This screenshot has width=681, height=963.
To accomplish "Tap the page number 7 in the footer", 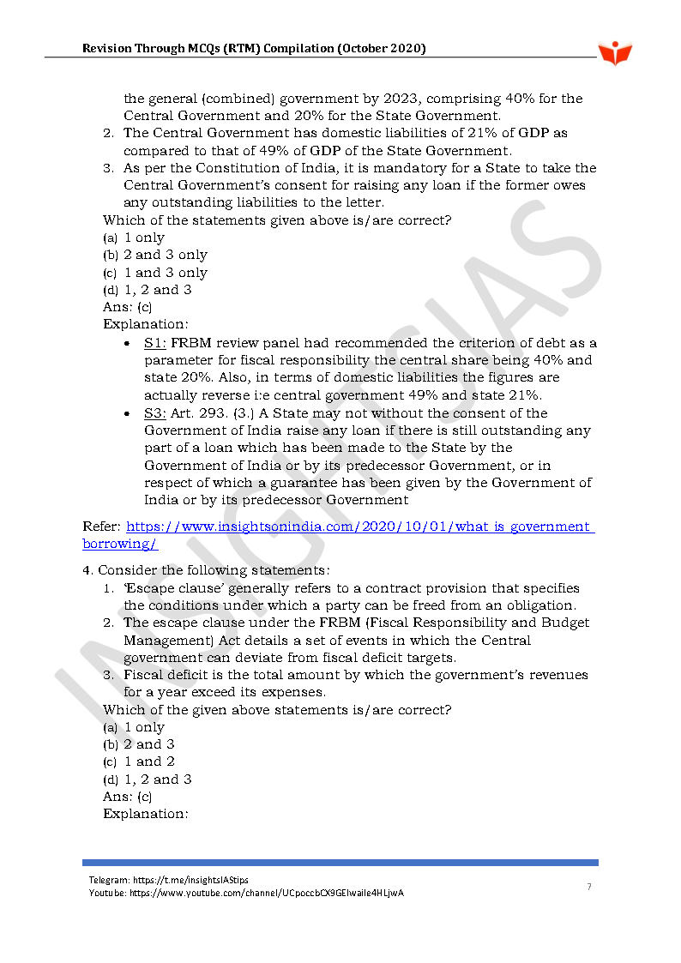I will pos(588,887).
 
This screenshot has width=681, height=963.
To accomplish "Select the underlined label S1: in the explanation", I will pos(155,342).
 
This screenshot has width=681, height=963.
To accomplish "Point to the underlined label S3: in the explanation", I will pos(155,413).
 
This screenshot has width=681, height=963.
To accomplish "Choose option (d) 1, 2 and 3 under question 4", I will pos(148,779).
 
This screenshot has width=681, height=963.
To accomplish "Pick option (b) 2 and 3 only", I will pos(155,255).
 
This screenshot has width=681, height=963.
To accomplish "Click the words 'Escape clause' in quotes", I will pos(173,588).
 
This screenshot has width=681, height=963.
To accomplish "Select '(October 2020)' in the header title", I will pos(382,49).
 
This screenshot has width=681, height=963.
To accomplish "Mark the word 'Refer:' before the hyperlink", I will pos(102,527).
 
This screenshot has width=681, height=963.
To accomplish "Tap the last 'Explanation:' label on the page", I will pos(145,814).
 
